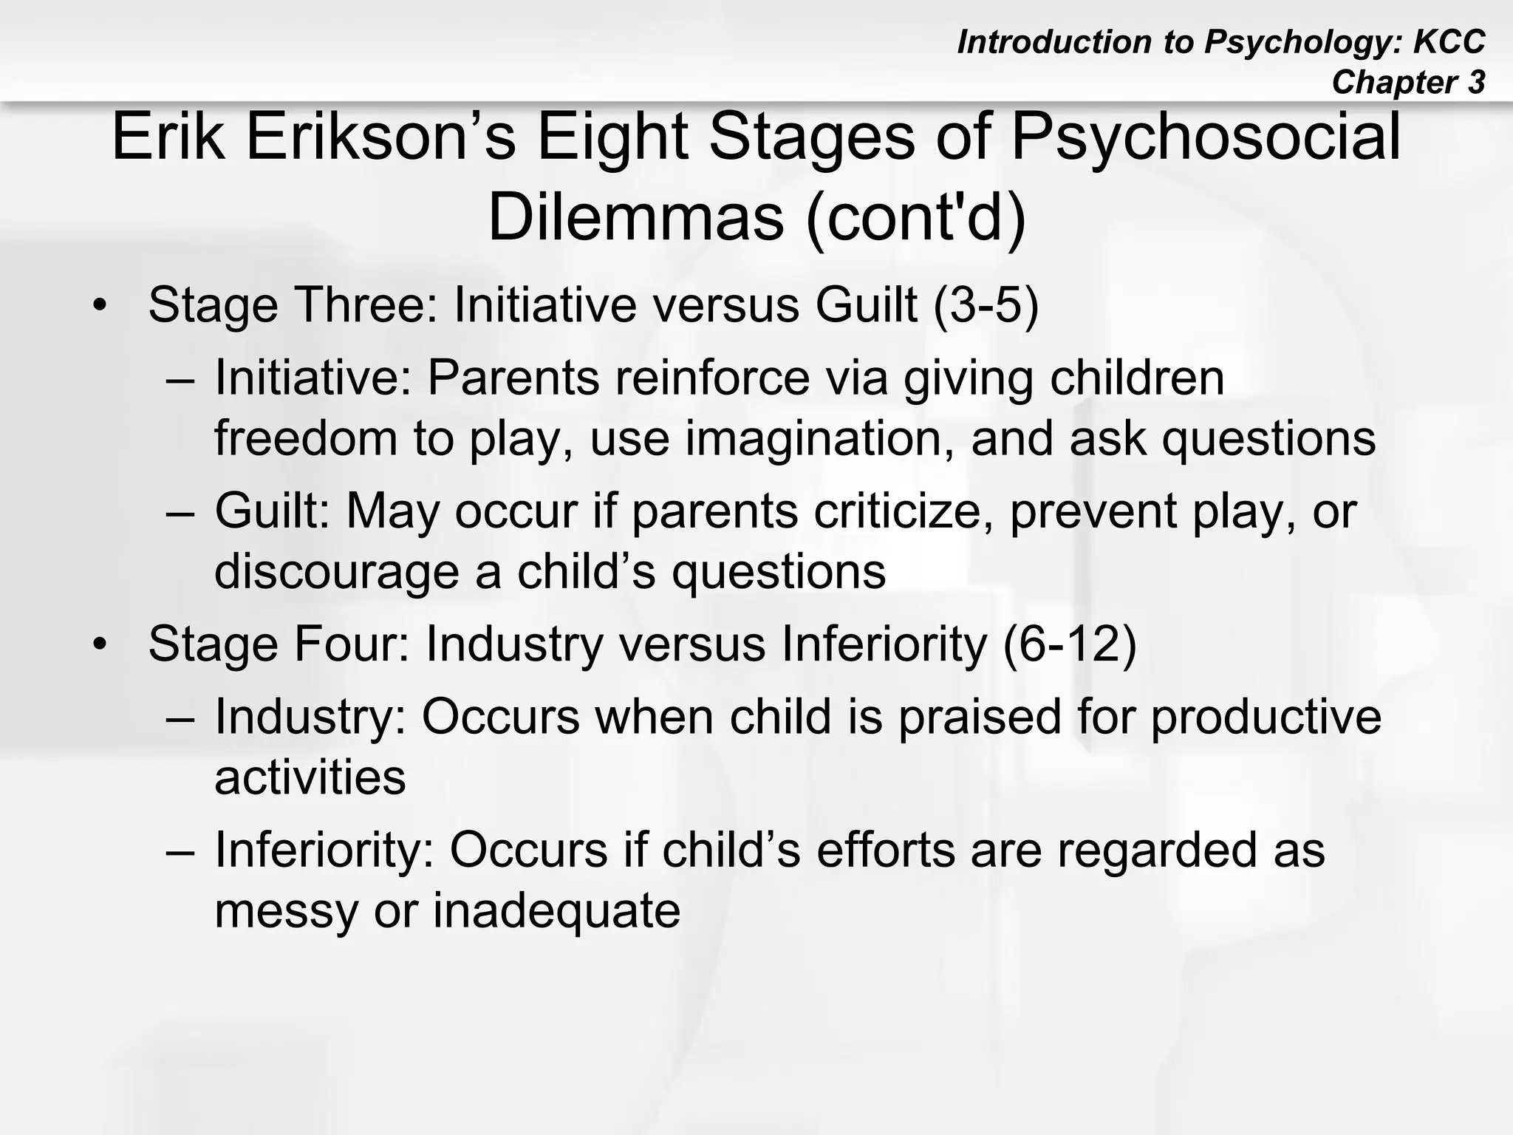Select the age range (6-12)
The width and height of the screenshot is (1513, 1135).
pyautogui.click(x=1069, y=644)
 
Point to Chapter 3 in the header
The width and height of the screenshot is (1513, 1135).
pyautogui.click(x=1407, y=82)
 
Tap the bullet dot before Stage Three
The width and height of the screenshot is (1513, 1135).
pyautogui.click(x=100, y=306)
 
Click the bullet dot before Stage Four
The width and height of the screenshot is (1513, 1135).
pyautogui.click(x=100, y=645)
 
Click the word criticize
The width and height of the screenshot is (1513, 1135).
pyautogui.click(x=902, y=511)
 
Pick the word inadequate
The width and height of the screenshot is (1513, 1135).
pyautogui.click(x=556, y=910)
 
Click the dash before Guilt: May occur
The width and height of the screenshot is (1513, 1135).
pyautogui.click(x=180, y=512)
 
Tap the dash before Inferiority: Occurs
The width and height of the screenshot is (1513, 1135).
pyautogui.click(x=180, y=851)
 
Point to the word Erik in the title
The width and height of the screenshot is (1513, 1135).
pyautogui.click(x=168, y=138)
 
